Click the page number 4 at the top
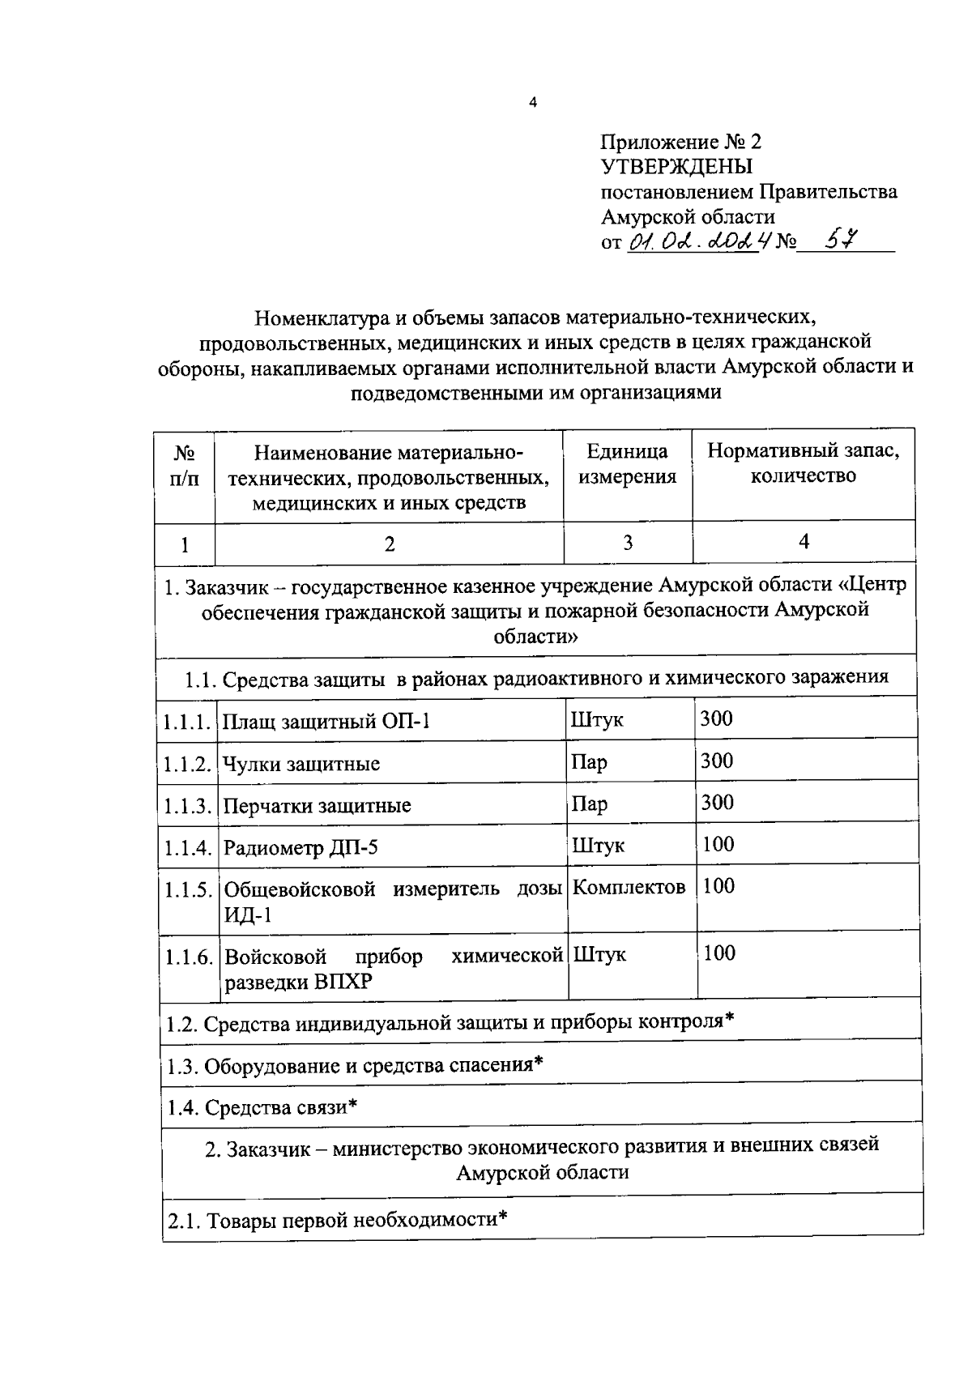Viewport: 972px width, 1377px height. tap(532, 102)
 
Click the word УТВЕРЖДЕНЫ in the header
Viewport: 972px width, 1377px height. tap(676, 167)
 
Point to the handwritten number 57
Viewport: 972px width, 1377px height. tap(840, 240)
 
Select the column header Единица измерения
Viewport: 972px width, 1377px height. tap(628, 463)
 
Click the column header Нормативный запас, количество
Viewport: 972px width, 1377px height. tap(803, 463)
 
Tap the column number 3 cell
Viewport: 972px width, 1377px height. tap(628, 543)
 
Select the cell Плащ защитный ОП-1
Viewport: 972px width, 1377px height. tap(326, 721)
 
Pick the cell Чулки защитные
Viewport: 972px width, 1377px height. tap(301, 764)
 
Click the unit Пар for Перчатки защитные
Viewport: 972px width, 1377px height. tap(590, 804)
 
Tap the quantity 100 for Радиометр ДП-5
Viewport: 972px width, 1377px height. tap(718, 845)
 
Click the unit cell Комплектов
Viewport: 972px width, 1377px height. tap(629, 887)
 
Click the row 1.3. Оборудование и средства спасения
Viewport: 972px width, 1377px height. tap(354, 1064)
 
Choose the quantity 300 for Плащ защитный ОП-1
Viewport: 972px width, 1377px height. tap(717, 718)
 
